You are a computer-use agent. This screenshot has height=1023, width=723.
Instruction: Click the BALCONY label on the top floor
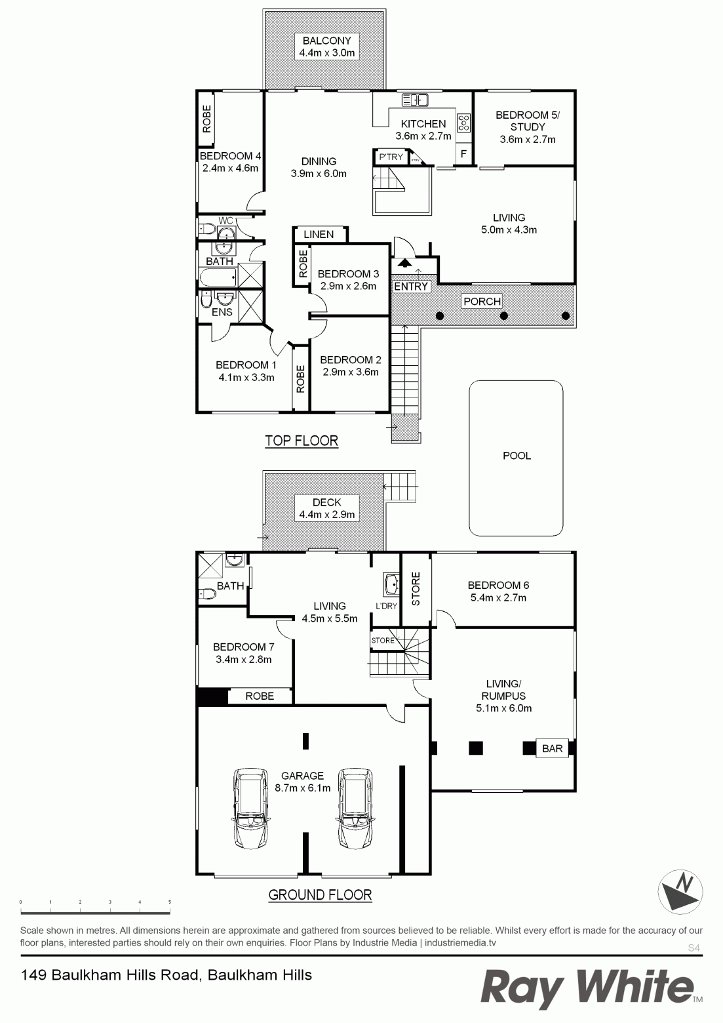coord(327,41)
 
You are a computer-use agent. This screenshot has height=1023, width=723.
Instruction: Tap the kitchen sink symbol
coord(414,100)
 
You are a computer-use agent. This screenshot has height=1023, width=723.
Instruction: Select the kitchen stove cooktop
coord(464,123)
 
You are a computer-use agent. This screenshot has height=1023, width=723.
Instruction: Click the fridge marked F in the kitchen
coord(463,154)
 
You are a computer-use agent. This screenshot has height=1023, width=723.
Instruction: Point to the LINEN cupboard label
coord(319,234)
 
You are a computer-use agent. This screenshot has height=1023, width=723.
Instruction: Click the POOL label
coord(517,456)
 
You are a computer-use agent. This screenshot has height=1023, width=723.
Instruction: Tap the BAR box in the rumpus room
coord(553,748)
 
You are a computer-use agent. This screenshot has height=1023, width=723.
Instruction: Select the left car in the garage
coord(250,808)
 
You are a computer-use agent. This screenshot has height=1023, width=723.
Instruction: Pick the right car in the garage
coord(355,808)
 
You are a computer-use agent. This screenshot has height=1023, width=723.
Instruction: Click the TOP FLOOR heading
coord(302,441)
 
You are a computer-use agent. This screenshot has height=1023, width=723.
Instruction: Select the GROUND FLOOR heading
coord(320,894)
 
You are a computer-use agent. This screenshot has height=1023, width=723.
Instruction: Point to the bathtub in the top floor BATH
coord(218,277)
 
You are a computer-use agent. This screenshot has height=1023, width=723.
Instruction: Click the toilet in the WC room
coord(206,228)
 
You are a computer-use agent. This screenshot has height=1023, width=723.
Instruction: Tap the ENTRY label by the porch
coord(411,287)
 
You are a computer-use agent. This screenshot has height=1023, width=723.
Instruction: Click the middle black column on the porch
coord(504,315)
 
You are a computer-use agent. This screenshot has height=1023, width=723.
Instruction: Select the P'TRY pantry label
coord(391,157)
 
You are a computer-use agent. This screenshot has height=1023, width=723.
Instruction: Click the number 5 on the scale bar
coord(170,902)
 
